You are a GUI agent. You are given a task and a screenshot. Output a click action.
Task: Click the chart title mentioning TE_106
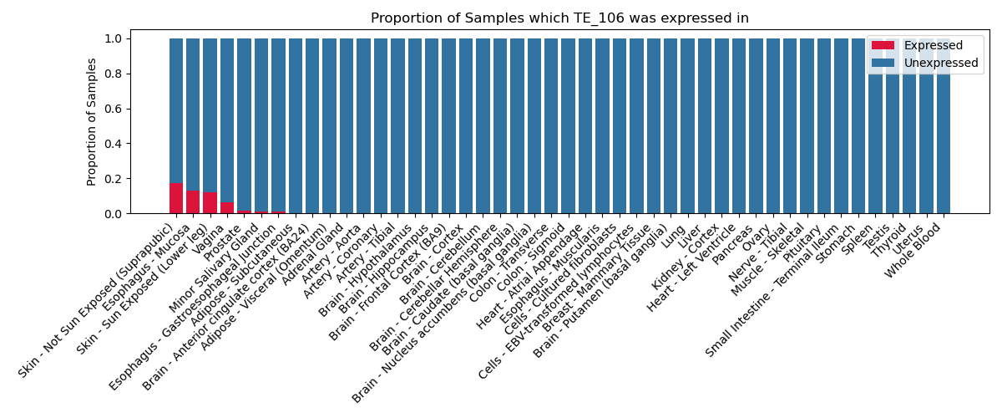[559, 18]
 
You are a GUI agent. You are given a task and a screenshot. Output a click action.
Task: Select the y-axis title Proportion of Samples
[91, 122]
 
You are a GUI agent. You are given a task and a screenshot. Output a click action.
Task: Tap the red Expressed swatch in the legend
[883, 45]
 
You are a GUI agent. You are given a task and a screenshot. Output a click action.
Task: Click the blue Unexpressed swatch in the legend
[883, 63]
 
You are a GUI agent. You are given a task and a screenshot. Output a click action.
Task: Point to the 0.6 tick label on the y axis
[113, 109]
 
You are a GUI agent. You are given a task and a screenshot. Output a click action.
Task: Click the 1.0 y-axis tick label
[113, 39]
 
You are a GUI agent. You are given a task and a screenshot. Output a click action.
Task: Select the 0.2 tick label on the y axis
[113, 179]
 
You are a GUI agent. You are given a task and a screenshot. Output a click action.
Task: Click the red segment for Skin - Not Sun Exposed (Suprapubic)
[176, 198]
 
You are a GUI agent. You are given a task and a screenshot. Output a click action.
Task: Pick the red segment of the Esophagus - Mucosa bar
[193, 202]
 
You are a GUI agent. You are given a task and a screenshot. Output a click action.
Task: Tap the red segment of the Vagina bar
[227, 208]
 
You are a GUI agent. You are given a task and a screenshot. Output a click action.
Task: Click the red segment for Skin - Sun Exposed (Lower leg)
[210, 203]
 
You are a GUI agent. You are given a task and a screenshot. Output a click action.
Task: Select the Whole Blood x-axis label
[913, 251]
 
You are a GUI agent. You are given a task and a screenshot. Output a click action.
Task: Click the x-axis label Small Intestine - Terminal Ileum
[772, 290]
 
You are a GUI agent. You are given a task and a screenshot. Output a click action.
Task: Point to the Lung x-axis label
[673, 237]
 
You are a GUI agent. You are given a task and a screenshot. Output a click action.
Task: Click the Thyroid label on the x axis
[888, 241]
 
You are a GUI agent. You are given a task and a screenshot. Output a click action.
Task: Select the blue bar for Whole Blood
[944, 126]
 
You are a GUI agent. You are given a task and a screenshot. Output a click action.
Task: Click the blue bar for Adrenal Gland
[330, 126]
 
